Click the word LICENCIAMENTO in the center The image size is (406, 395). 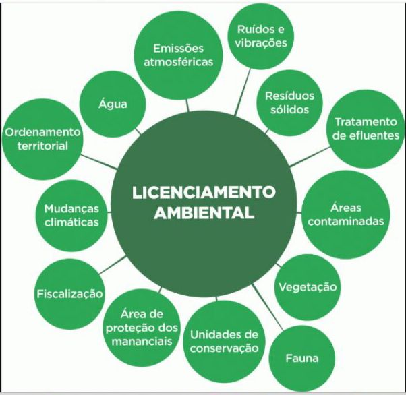(x=204, y=192)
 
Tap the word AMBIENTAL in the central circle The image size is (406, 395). (x=204, y=213)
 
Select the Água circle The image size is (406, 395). (x=113, y=105)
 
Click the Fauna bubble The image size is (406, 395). (x=302, y=358)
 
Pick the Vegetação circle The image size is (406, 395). (x=308, y=287)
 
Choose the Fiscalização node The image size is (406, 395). (x=70, y=294)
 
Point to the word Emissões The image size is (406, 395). (x=179, y=49)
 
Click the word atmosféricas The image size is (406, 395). (x=179, y=62)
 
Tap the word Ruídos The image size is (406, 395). (x=254, y=29)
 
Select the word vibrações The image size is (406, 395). (x=261, y=43)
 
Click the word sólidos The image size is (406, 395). (x=290, y=109)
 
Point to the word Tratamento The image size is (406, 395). (x=366, y=122)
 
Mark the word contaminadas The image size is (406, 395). (x=346, y=222)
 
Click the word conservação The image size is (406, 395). (x=224, y=348)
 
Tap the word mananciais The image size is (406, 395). (x=142, y=342)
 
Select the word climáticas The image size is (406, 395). (x=71, y=222)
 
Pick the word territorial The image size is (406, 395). (x=42, y=146)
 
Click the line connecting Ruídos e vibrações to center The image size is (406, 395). (x=243, y=92)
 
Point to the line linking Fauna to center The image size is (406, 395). (x=268, y=307)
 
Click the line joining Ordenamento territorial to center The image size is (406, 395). (x=99, y=162)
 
